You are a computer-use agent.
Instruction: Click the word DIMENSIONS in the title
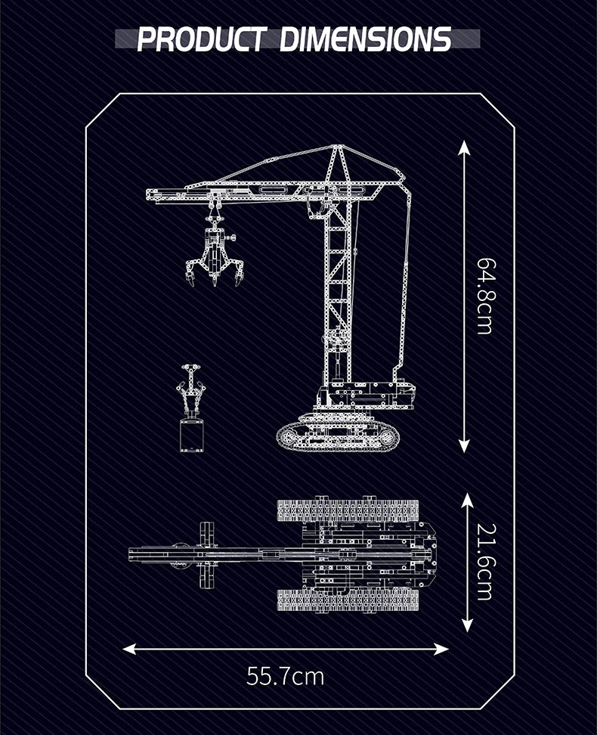click(366, 39)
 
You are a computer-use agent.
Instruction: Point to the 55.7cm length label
click(286, 675)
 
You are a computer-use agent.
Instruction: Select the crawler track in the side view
click(337, 436)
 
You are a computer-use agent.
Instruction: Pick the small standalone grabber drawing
click(191, 408)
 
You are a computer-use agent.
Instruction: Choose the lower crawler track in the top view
click(348, 600)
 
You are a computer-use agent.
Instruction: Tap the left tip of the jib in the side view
click(150, 195)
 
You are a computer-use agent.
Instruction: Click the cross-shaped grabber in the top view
click(204, 554)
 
